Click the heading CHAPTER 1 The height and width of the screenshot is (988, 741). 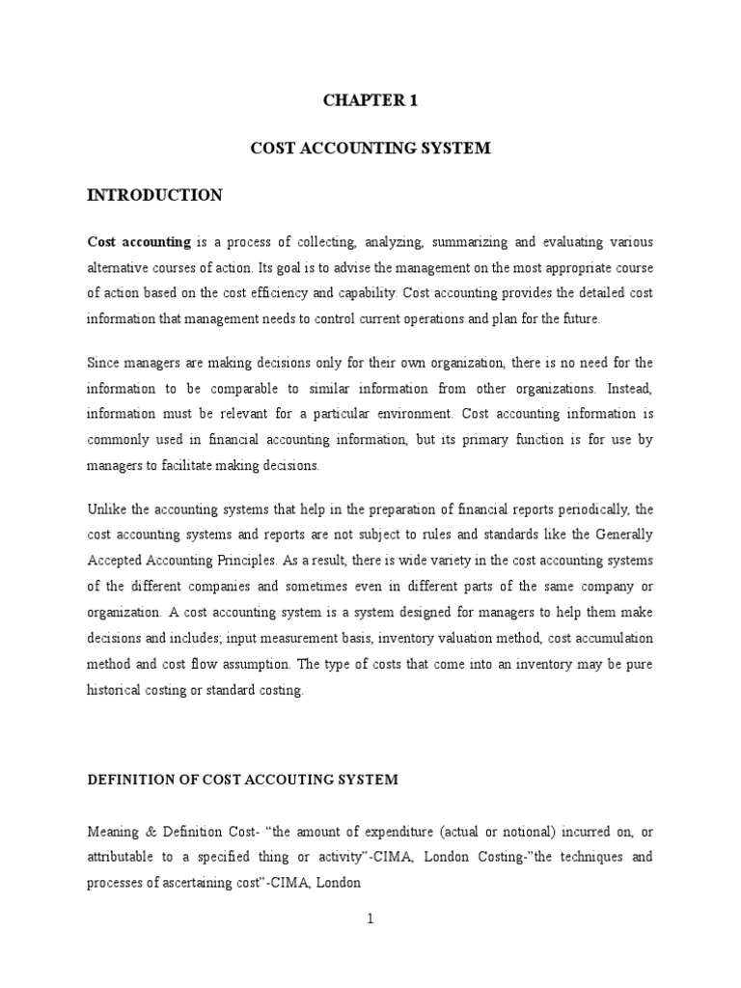[x=370, y=98]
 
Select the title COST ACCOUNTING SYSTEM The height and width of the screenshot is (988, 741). [x=370, y=148]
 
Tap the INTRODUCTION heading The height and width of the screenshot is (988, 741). [x=155, y=196]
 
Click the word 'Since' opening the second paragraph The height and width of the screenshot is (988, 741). [x=105, y=363]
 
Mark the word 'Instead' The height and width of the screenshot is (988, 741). [x=627, y=389]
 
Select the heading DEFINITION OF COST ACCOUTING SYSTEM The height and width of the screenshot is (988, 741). [x=242, y=781]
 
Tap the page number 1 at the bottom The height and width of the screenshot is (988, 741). [x=370, y=919]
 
